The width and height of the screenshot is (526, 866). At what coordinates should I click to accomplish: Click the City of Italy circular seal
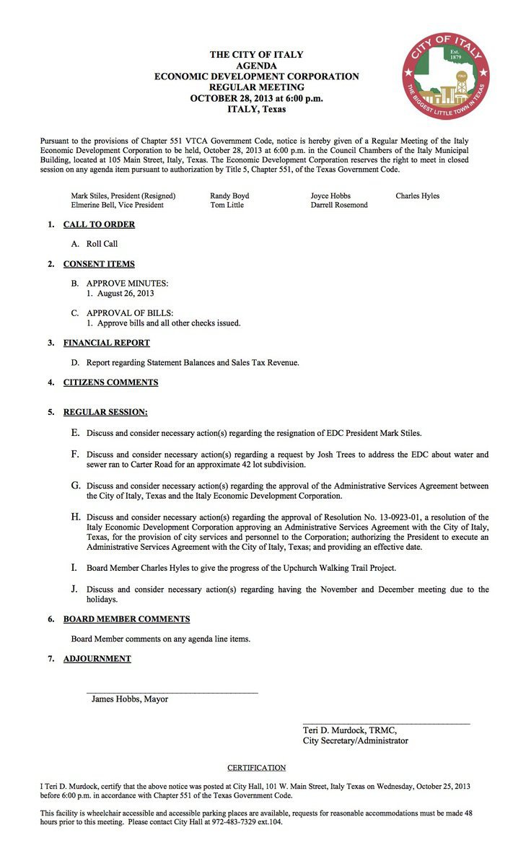[446, 76]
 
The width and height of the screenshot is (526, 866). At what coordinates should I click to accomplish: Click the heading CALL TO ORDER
[99, 224]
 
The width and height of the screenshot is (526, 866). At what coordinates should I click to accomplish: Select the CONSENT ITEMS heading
[99, 264]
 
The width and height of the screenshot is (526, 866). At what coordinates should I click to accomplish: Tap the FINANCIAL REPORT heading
[107, 343]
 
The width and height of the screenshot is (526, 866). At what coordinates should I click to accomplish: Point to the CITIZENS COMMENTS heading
[110, 382]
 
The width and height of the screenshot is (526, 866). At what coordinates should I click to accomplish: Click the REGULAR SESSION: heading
[105, 412]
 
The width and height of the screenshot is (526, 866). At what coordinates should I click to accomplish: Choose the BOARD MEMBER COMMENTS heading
[127, 619]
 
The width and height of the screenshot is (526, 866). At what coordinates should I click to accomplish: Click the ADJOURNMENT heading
[97, 659]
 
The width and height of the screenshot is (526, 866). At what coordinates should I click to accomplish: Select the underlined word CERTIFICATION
[257, 768]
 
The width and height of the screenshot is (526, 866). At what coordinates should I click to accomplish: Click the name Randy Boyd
[229, 196]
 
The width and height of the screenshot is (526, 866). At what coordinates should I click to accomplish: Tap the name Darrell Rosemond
[339, 205]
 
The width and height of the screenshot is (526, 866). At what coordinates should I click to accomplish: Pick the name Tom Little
[227, 205]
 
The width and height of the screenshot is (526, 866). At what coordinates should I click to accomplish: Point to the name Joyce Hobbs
[331, 196]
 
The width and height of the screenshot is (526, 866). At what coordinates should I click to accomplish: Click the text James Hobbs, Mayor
[130, 699]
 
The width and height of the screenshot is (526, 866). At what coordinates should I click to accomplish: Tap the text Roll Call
[102, 244]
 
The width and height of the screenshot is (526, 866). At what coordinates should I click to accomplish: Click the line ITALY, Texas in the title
[256, 110]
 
